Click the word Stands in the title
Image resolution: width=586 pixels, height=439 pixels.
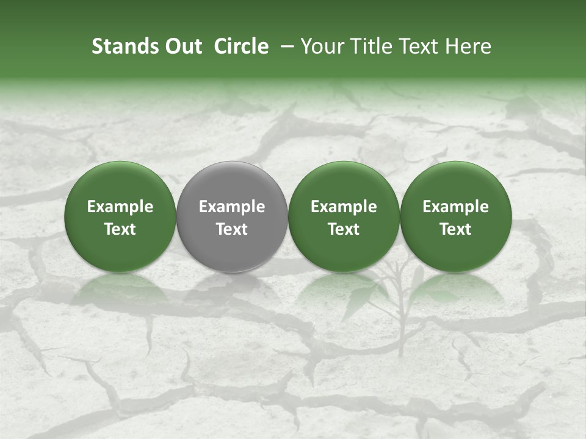point(123,46)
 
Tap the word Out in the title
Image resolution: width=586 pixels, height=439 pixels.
point(182,46)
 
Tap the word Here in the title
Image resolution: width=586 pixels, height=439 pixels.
point(470,46)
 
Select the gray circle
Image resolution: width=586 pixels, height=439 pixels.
point(232,216)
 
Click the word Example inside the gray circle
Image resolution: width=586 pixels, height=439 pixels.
point(232,207)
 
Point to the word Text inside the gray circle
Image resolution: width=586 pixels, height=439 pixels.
point(232,229)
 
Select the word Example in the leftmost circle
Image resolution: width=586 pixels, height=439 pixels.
point(120,207)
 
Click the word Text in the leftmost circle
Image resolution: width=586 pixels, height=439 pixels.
point(120,229)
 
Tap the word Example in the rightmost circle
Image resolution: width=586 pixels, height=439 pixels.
point(456,207)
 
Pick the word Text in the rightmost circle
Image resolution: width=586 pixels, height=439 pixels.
point(456,229)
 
